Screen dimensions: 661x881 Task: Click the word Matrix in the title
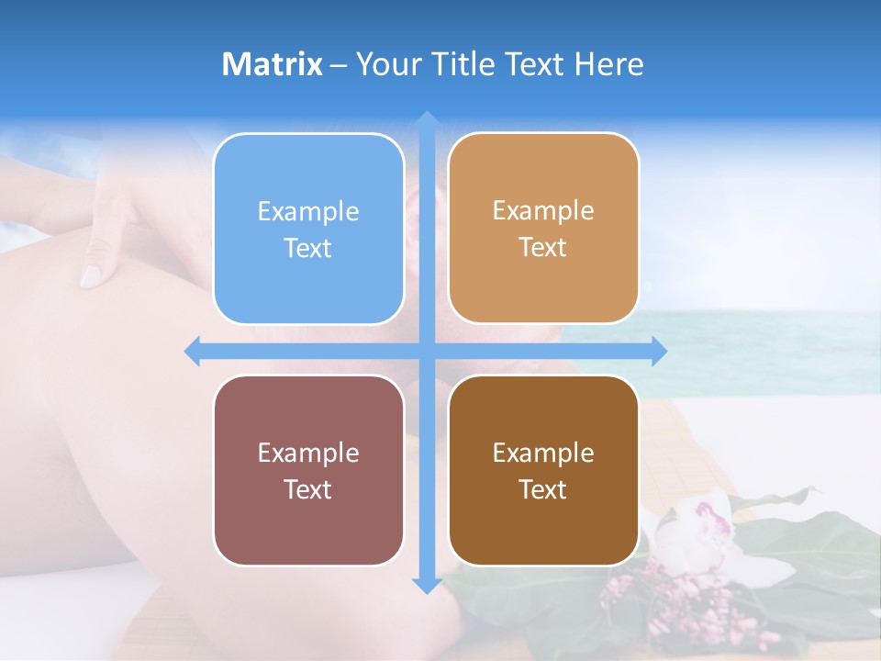point(273,64)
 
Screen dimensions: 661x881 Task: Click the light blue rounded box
point(308,229)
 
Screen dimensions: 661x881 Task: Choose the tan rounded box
point(543,228)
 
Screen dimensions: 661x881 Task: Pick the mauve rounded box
point(308,470)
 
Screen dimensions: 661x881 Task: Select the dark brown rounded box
point(543,470)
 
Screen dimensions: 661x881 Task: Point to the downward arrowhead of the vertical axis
point(426,586)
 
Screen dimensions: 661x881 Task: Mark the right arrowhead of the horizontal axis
point(659,352)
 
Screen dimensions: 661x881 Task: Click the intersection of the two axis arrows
point(426,352)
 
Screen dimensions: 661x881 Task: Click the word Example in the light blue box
point(308,211)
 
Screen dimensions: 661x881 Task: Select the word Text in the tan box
point(543,247)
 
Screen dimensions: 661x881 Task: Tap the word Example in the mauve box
point(308,453)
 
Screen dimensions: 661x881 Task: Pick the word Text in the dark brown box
point(543,489)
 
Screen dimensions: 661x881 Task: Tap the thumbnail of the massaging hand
point(91,274)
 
